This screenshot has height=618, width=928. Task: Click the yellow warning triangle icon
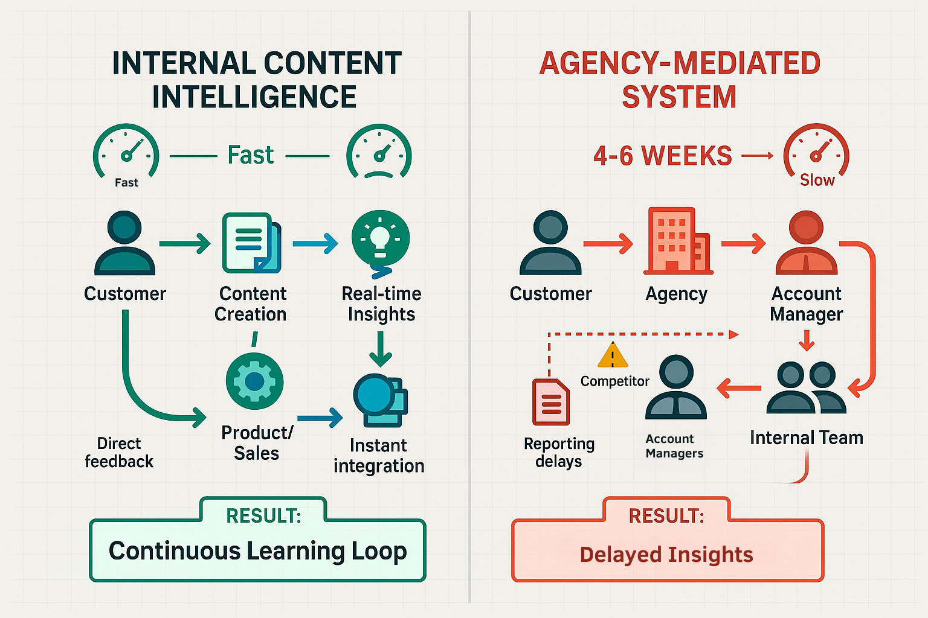[x=613, y=356]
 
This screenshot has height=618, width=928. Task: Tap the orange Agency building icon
[x=677, y=241]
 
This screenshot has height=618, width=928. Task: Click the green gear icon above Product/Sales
[x=254, y=381]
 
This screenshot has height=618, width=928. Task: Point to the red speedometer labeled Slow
[x=816, y=153]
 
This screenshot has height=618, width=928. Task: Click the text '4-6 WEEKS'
[x=662, y=156]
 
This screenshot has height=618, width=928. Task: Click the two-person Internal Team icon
[x=806, y=388]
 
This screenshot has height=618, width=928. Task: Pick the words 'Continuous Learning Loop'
[x=257, y=551]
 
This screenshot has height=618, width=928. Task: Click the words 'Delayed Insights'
[x=666, y=555]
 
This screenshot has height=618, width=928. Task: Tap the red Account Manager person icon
[x=806, y=243]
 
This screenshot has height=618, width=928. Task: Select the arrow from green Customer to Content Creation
[x=185, y=244]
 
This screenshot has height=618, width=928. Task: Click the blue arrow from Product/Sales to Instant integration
[x=320, y=417]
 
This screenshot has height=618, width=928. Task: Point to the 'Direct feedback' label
[x=119, y=453]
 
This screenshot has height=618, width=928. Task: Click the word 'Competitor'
[x=614, y=381]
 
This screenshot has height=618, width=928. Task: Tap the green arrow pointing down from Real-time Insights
[x=381, y=349]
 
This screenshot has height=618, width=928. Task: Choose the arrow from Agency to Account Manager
[x=743, y=244]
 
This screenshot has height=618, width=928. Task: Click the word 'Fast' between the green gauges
[x=251, y=156]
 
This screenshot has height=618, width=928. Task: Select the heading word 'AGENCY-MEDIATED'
[x=680, y=63]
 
